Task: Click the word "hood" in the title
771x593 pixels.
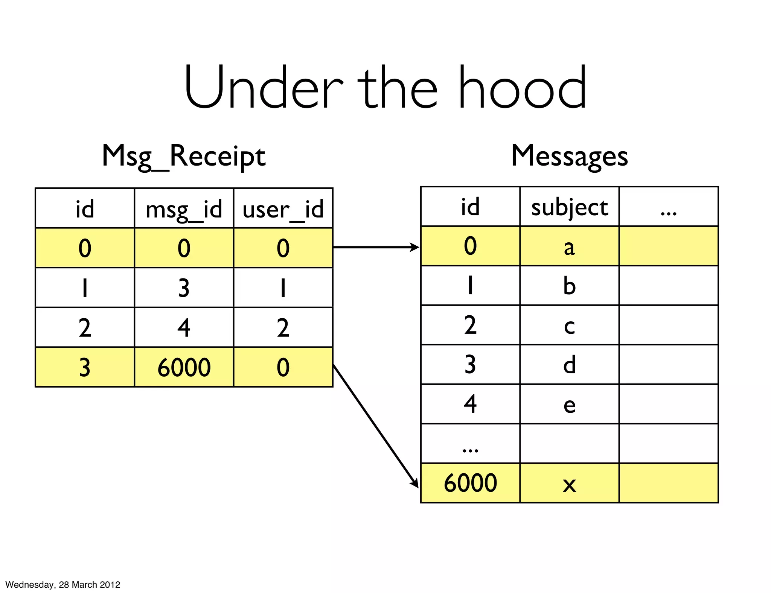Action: click(523, 87)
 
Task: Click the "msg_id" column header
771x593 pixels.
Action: click(184, 209)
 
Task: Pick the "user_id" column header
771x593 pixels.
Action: click(283, 209)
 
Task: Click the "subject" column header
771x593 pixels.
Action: click(569, 207)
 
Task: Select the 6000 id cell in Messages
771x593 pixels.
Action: click(470, 483)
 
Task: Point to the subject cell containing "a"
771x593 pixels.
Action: click(569, 247)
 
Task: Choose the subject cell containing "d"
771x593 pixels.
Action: click(569, 365)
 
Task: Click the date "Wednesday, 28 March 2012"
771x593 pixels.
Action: click(63, 584)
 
